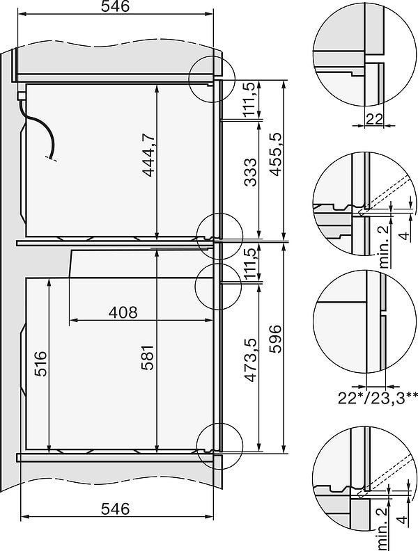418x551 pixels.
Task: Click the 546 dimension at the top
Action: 116,7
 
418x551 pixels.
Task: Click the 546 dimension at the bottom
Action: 116,509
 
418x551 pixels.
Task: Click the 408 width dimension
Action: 123,312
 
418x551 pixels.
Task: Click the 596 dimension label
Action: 276,338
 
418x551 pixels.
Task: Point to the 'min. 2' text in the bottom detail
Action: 380,525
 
